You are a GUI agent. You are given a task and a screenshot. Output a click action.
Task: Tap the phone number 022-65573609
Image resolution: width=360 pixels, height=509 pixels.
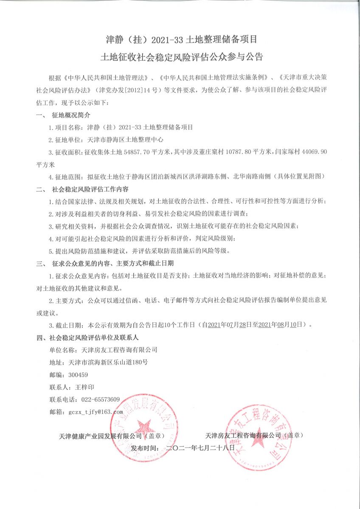pos(97,400)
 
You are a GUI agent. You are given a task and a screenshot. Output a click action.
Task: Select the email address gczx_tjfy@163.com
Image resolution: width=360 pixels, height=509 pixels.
pos(96,412)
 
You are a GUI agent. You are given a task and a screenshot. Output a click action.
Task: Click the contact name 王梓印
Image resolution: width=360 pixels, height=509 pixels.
pos(84,387)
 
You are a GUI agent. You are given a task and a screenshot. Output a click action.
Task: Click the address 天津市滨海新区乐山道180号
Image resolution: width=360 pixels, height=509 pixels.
pos(108,363)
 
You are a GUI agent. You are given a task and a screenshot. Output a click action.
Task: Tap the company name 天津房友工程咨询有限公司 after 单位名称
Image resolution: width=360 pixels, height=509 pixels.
pos(116,350)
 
